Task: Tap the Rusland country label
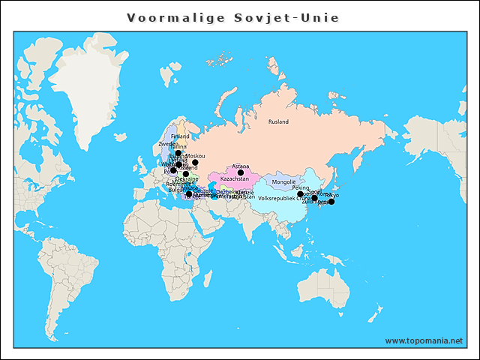[x=278, y=121]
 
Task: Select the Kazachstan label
[x=235, y=179]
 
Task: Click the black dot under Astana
[x=241, y=172]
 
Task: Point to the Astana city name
[x=241, y=166]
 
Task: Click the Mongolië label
[x=284, y=182]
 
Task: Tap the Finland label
[x=180, y=136]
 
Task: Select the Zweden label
[x=168, y=144]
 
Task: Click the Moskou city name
[x=196, y=155]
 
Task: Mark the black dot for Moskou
[x=195, y=162]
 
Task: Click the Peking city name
[x=301, y=187]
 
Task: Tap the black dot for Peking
[x=301, y=194]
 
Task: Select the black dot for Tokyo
[x=331, y=201]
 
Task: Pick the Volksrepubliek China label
[x=283, y=199]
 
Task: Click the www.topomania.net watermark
[x=424, y=340]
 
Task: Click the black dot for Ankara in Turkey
[x=189, y=195]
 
